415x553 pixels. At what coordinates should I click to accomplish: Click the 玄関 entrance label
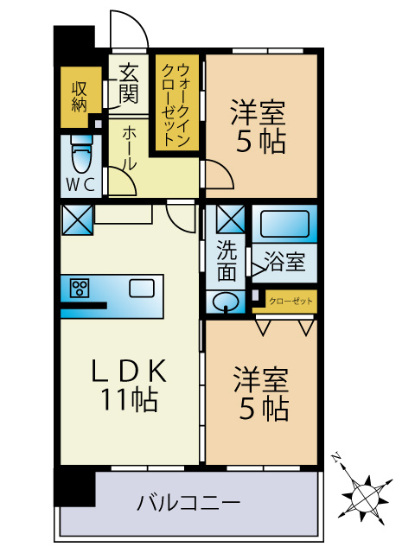point(128,82)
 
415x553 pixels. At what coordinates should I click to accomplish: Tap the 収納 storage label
point(80,96)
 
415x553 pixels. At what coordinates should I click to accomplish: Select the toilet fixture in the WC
point(80,155)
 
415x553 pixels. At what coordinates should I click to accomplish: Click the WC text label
point(80,184)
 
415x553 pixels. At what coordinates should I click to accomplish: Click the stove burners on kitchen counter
point(80,289)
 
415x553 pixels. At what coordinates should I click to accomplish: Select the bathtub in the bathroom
point(284,224)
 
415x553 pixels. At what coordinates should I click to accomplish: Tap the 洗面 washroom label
point(226,259)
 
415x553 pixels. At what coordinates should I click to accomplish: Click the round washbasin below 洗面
point(227,302)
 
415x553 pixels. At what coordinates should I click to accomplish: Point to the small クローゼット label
point(290,302)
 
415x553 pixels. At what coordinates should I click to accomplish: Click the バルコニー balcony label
point(188,502)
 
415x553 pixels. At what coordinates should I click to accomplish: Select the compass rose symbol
point(367,497)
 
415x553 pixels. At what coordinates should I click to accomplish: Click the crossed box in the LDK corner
point(76,219)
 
